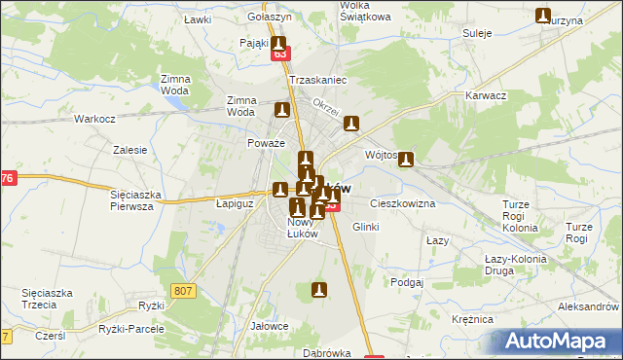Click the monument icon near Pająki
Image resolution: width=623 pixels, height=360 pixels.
tap(279, 45)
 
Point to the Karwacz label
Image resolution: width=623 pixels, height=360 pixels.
tap(487, 96)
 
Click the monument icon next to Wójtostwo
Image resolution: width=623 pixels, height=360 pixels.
tap(406, 161)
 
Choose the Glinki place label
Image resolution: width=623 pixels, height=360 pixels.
tap(365, 226)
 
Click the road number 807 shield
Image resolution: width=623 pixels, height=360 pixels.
tap(182, 290)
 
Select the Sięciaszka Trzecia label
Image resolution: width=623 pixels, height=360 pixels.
tap(49, 299)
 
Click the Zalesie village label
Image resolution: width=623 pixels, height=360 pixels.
tap(129, 150)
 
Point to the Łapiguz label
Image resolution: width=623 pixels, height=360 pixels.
tap(234, 204)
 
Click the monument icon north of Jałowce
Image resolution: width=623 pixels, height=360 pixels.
tap(318, 289)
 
